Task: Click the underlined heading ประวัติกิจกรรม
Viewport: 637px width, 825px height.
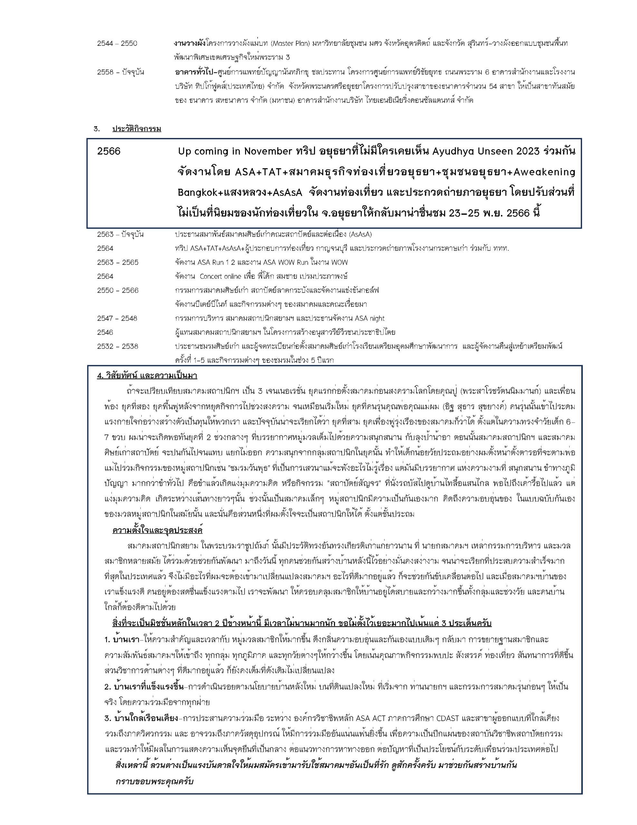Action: click(137, 129)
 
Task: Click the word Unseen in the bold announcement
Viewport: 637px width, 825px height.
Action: click(492, 151)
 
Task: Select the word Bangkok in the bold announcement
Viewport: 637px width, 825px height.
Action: click(195, 192)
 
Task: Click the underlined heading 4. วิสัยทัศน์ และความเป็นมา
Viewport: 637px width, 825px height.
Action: click(147, 376)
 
